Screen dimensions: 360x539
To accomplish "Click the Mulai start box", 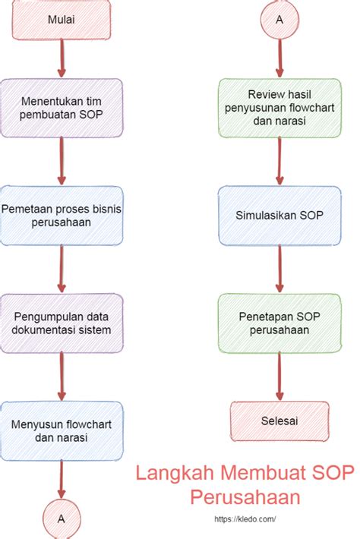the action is (62, 19).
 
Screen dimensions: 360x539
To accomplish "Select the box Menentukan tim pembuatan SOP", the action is (62, 108).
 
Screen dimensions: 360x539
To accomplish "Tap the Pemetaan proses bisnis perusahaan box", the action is (62, 216).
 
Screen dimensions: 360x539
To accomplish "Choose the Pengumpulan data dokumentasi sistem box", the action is (62, 323).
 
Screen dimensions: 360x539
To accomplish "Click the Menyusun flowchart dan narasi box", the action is (62, 430).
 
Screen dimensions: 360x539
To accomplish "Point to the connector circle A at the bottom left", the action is (62, 519).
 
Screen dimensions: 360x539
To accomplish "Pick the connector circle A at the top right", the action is (279, 20).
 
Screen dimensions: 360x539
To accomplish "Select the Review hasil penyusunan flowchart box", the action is (279, 108).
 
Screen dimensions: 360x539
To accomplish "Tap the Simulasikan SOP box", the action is (279, 216).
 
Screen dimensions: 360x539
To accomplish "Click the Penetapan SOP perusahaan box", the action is (279, 323).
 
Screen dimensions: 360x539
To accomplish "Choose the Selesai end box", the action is (279, 421).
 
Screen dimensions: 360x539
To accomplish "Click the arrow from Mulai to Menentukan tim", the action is (62, 58).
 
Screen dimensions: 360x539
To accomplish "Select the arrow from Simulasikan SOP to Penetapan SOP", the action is (279, 269).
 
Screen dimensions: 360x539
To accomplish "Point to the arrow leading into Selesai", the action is (279, 377).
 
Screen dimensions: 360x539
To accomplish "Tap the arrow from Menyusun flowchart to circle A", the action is (62, 480).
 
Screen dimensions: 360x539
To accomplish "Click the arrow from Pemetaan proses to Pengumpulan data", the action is (62, 269).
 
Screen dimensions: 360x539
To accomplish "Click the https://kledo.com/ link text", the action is (245, 519).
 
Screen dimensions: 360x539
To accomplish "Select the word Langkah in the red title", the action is (175, 473).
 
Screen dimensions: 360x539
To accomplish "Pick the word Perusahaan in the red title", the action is (245, 496).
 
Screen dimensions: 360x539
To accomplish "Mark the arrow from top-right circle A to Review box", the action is (279, 58).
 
